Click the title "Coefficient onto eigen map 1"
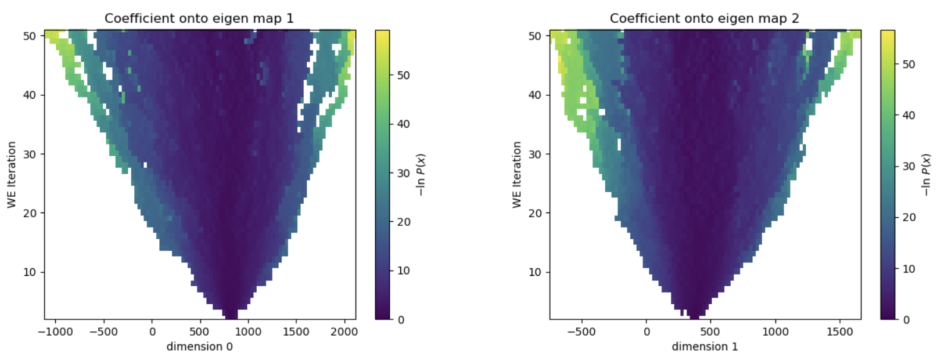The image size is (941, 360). click(x=199, y=19)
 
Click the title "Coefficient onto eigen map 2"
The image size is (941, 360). click(x=704, y=19)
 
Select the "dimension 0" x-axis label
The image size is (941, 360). click(x=199, y=347)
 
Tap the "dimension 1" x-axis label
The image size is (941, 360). click(x=705, y=347)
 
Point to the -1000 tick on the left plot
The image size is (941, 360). click(x=56, y=332)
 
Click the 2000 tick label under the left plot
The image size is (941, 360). click(x=345, y=332)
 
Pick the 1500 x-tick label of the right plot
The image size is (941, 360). click(x=839, y=332)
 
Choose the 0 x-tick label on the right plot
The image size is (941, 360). click(x=647, y=332)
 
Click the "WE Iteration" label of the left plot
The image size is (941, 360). click(x=12, y=175)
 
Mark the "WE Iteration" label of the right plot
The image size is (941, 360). click(x=517, y=175)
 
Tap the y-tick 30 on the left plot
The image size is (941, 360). click(x=30, y=154)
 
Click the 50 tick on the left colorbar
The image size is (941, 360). click(x=403, y=75)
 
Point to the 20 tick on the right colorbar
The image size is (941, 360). click(x=908, y=218)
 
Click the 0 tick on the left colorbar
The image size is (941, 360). click(x=400, y=320)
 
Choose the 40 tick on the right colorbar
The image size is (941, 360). click(x=908, y=116)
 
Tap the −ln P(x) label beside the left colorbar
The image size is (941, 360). click(x=421, y=175)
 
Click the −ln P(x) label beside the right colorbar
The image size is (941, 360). click(x=926, y=175)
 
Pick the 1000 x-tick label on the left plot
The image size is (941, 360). click(x=248, y=332)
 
